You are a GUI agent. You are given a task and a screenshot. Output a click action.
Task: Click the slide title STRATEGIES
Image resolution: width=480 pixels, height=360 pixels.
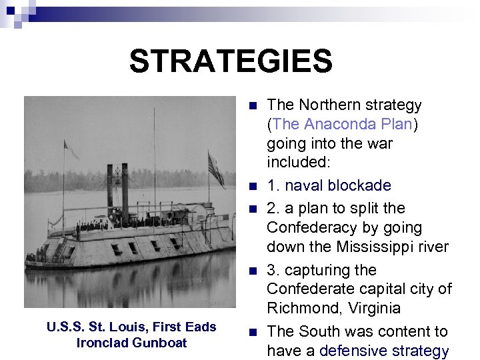coord(231,61)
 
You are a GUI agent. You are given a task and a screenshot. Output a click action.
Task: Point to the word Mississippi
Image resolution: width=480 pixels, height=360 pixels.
coord(379,247)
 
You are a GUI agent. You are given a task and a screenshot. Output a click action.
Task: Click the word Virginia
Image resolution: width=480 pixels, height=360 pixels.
coord(372,308)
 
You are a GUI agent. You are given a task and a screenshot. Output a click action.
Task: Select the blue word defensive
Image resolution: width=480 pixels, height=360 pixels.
coord(351,351)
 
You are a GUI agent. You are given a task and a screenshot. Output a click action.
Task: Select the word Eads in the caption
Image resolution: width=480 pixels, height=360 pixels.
coord(202,327)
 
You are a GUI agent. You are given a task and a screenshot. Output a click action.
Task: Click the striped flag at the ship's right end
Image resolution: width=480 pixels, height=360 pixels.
coord(216,171)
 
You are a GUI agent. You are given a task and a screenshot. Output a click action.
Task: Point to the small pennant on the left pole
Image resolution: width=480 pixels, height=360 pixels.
coord(71,151)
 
